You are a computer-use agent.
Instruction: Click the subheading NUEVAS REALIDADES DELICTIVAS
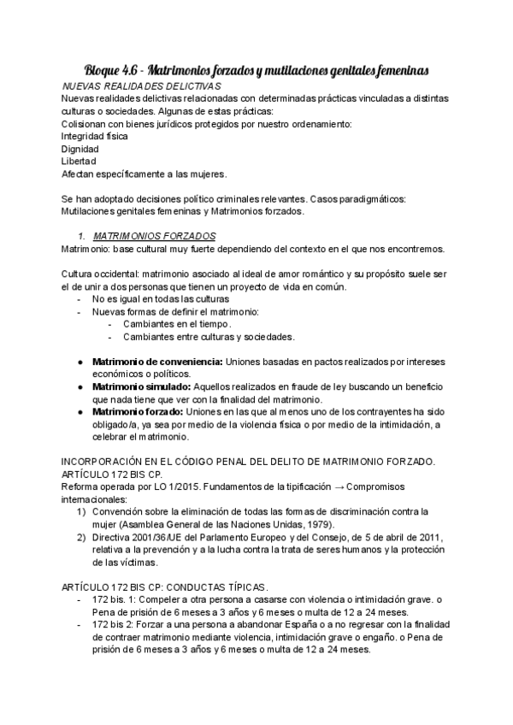click(143, 86)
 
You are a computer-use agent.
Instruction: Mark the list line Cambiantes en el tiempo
click(177, 324)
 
